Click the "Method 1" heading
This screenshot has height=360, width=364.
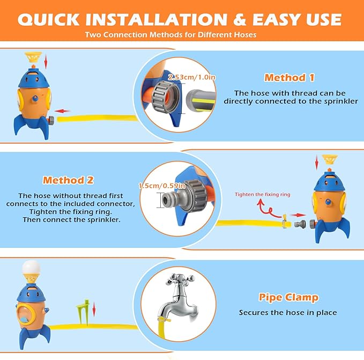289,78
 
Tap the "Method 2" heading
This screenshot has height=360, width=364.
68,180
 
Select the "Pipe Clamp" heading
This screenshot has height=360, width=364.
288,298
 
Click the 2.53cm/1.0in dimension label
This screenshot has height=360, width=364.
192,77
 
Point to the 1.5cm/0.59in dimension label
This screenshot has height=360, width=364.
162,186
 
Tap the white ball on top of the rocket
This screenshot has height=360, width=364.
31,268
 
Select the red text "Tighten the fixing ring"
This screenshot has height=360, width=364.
263,194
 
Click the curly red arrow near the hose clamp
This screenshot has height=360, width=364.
268,209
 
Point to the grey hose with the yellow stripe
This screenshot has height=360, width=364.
200,100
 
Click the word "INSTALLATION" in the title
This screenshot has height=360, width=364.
157,19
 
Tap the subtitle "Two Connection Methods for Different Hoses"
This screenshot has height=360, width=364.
170,35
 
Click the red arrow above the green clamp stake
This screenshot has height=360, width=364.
94,309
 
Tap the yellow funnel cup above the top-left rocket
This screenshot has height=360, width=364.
33,57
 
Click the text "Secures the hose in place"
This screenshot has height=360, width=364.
288,313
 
